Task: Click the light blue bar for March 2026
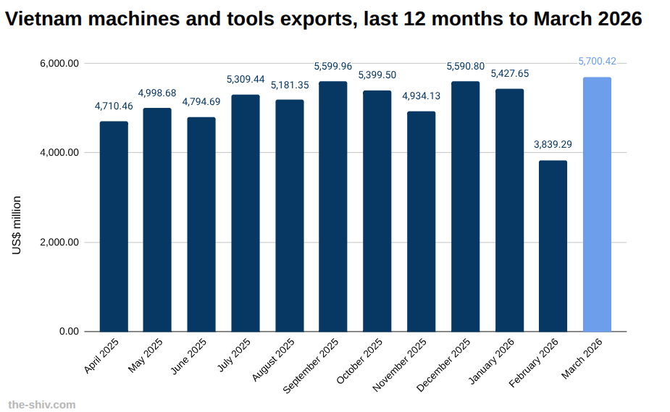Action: (x=597, y=204)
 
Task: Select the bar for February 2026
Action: (x=553, y=246)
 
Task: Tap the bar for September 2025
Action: (x=333, y=206)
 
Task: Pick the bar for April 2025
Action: (x=114, y=227)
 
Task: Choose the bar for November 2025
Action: (x=422, y=222)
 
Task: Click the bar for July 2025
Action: (x=246, y=213)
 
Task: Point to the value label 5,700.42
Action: (x=597, y=62)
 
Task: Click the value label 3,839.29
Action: (x=553, y=144)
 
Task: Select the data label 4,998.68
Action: (x=157, y=93)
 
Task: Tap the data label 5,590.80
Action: (x=465, y=66)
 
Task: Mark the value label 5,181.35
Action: (x=290, y=85)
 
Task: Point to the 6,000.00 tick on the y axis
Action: (x=59, y=64)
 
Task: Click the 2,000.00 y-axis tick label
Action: (x=59, y=243)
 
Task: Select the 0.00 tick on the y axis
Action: (x=69, y=332)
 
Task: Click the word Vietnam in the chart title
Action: (x=46, y=19)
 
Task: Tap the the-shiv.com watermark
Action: (x=41, y=405)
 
